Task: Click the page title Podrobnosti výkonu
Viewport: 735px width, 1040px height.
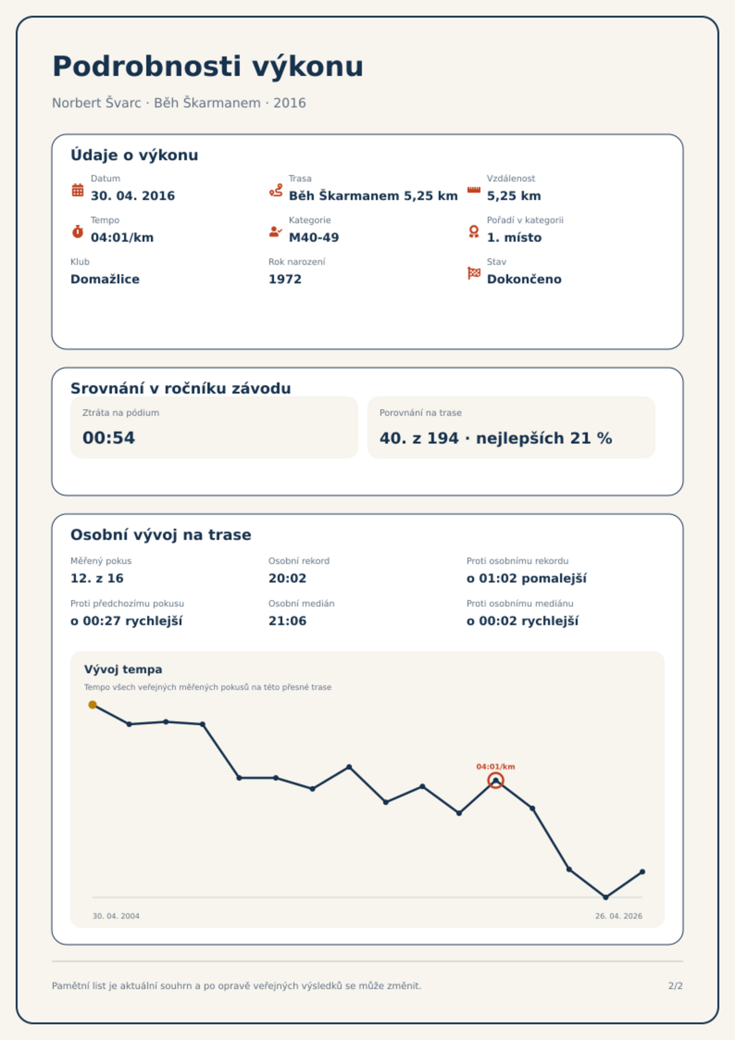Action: pos(208,67)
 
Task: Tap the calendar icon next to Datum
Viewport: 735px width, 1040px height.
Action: pos(78,190)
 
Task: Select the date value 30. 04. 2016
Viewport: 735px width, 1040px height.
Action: pos(133,196)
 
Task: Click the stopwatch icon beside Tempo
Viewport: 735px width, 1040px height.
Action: pos(78,232)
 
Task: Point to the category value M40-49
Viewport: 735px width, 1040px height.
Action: pos(314,238)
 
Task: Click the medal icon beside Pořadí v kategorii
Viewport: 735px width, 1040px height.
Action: pos(473,232)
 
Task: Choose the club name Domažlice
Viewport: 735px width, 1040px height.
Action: pos(105,279)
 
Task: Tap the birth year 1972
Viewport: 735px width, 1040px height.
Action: pos(285,279)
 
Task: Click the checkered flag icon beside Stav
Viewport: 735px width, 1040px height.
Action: pos(474,273)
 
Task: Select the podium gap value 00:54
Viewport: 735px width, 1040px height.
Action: pos(109,438)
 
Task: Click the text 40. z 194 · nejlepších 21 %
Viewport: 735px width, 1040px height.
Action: pos(496,438)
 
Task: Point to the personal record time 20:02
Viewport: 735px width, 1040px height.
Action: pos(287,578)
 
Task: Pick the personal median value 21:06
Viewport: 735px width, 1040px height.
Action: pos(287,621)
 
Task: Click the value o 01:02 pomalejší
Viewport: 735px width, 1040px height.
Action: pos(526,578)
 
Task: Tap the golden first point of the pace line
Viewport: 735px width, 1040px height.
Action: pos(93,705)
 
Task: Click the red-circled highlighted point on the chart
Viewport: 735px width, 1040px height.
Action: pos(496,780)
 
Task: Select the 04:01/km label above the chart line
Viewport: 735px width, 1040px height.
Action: pos(496,767)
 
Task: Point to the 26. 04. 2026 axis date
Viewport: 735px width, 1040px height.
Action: pos(618,916)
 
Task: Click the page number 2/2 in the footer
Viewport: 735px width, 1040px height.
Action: pos(675,986)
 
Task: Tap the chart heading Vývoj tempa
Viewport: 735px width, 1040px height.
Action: pos(123,670)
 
